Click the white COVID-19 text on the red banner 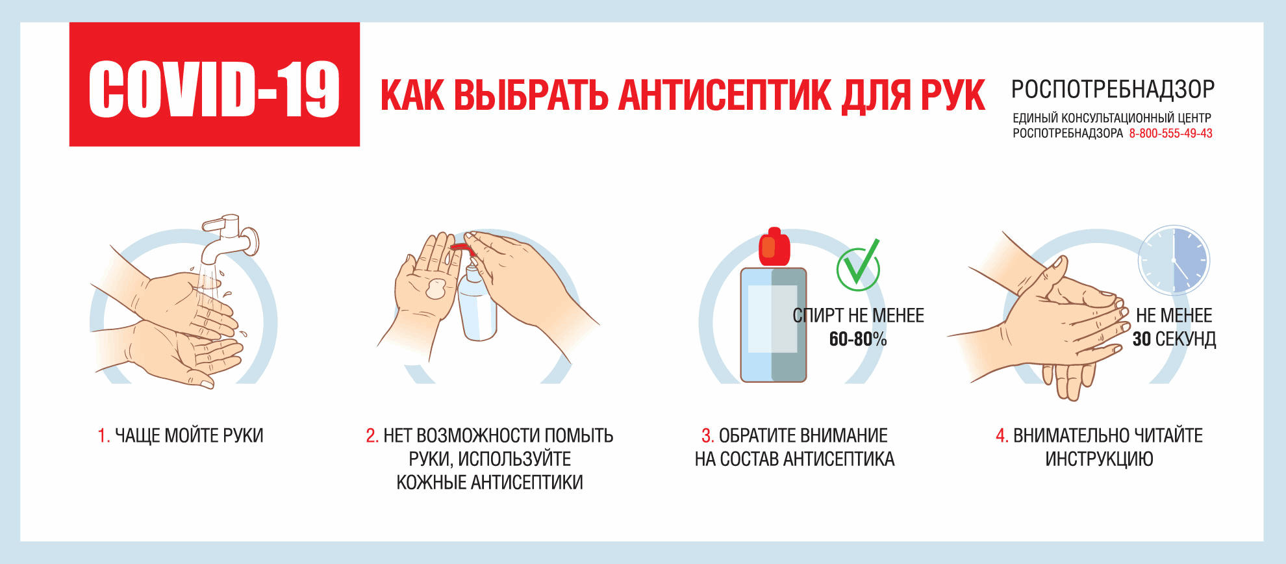coord(214,89)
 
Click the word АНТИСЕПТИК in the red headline coord(725,96)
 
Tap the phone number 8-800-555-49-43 coord(1170,133)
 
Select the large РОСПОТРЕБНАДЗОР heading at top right coord(1113,89)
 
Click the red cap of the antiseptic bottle coord(774,247)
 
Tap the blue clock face coord(1174,261)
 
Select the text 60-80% coord(857,339)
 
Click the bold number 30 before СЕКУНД coord(1141,339)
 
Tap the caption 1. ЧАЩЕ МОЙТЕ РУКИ coord(181,435)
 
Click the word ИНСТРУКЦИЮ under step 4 coord(1099,459)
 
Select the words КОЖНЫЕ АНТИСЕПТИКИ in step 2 coord(490,483)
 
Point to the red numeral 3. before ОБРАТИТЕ coord(707,435)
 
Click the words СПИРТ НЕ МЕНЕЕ coord(858,316)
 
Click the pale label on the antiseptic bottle coord(772,318)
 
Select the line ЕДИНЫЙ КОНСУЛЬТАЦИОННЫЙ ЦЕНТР coord(1112,118)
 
